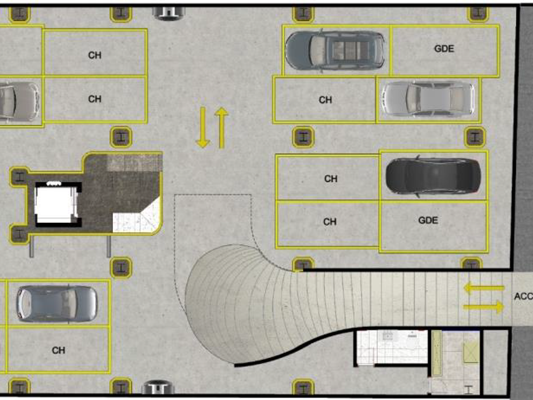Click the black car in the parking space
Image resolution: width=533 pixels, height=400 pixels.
coord(433,175)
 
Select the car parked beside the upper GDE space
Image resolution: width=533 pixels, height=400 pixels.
coord(335,50)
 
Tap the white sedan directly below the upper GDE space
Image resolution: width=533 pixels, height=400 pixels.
coord(427,98)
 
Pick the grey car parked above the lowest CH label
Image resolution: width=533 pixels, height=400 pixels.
coord(57,303)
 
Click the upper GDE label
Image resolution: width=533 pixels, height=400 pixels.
coord(445,49)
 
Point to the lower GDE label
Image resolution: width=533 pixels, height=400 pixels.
coord(428,221)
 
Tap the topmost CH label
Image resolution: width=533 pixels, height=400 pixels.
coord(95,55)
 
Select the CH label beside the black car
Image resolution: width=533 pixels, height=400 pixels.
coord(331,179)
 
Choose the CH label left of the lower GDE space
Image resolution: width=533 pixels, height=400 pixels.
coord(330,222)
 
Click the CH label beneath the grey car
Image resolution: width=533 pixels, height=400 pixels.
coord(58,350)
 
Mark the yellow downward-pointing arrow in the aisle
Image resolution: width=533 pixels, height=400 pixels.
coord(202,128)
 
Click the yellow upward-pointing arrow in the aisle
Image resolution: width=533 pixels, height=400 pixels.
coord(221,128)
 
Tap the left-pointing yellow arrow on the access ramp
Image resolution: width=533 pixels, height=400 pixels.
coord(484,288)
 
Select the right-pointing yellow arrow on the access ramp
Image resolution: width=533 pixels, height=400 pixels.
coord(484,307)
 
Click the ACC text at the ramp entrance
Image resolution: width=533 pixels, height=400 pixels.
coord(523,297)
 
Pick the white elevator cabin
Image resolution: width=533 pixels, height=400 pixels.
coord(55,204)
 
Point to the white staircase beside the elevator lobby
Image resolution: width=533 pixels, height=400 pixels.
coord(135,217)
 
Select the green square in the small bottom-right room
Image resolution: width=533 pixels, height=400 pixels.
coord(471,351)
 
